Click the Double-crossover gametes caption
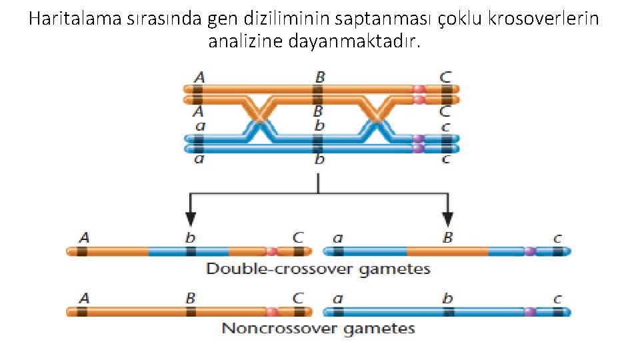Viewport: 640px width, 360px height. point(318,269)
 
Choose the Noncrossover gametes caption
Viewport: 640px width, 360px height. point(318,328)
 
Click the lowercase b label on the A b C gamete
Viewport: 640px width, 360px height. point(191,237)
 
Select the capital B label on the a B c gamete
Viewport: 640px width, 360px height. point(447,237)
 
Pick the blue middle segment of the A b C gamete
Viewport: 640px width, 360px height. point(188,251)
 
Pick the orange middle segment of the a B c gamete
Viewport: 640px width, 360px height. point(447,251)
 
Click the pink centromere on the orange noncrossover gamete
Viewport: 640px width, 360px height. point(271,311)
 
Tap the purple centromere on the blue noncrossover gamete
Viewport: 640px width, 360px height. point(529,311)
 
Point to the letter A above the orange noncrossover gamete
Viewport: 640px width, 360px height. point(84,297)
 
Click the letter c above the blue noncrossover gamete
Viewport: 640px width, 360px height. point(557,298)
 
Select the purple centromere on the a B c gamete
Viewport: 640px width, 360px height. point(529,251)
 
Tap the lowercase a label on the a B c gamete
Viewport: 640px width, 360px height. point(338,237)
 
